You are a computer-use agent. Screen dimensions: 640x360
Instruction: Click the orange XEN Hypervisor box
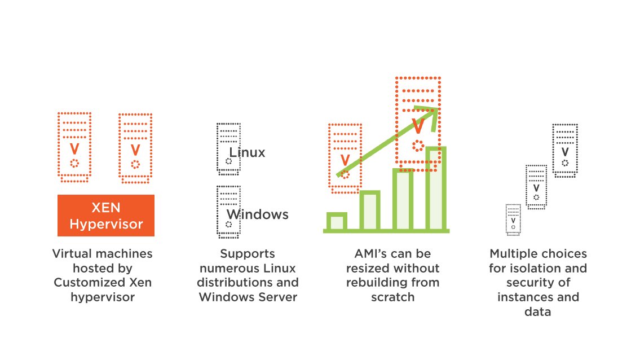pyautogui.click(x=106, y=216)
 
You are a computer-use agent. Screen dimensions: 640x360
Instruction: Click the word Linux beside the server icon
pyautogui.click(x=247, y=152)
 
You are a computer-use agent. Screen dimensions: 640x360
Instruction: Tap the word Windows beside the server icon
pyautogui.click(x=258, y=214)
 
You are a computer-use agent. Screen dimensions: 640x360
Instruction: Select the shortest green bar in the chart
pyautogui.click(x=337, y=221)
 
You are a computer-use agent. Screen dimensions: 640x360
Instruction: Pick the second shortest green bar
pyautogui.click(x=370, y=210)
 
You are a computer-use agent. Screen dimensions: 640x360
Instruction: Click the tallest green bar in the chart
pyautogui.click(x=436, y=188)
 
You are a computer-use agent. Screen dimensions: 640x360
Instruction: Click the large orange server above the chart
pyautogui.click(x=418, y=124)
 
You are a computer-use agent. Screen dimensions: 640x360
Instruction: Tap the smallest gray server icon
pyautogui.click(x=513, y=220)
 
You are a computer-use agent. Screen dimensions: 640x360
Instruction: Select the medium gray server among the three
pyautogui.click(x=536, y=187)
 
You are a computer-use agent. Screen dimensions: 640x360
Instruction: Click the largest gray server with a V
pyautogui.click(x=565, y=150)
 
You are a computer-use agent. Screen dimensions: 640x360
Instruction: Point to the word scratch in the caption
pyautogui.click(x=392, y=297)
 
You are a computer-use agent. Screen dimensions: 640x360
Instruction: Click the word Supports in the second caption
pyautogui.click(x=248, y=254)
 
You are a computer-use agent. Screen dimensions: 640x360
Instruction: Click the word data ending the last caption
pyautogui.click(x=537, y=312)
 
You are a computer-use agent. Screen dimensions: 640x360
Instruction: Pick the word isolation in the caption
pyautogui.click(x=538, y=268)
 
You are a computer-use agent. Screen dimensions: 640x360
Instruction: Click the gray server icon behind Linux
pyautogui.click(x=228, y=149)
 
